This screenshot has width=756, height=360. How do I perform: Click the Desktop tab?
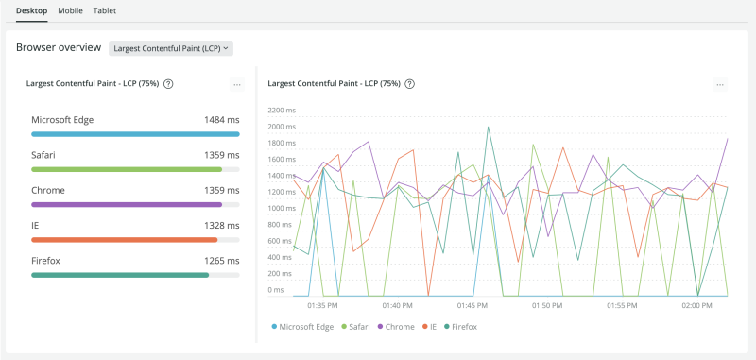pyautogui.click(x=33, y=10)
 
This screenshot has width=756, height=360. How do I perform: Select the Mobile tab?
pyautogui.click(x=70, y=10)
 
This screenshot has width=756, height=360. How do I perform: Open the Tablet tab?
pyautogui.click(x=105, y=10)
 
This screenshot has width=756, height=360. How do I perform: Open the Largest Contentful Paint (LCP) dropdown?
pyautogui.click(x=171, y=47)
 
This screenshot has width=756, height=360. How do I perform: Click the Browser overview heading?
pyautogui.click(x=58, y=47)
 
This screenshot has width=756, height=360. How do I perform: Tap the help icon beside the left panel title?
pyautogui.click(x=168, y=84)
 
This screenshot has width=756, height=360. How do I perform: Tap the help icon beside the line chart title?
pyautogui.click(x=410, y=84)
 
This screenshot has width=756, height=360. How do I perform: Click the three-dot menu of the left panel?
pyautogui.click(x=237, y=85)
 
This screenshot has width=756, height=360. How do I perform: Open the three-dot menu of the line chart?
pyautogui.click(x=720, y=85)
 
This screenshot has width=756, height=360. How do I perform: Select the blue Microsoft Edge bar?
pyautogui.click(x=135, y=134)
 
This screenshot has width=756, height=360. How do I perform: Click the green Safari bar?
pyautogui.click(x=127, y=169)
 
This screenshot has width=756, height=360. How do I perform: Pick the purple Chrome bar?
pyautogui.click(x=127, y=204)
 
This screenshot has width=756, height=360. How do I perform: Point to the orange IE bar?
pyautogui.click(x=125, y=240)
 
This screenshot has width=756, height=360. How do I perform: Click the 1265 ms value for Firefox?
pyautogui.click(x=221, y=261)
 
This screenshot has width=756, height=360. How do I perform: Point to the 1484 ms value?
pyautogui.click(x=221, y=120)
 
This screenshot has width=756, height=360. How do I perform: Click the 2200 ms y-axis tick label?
pyautogui.click(x=282, y=111)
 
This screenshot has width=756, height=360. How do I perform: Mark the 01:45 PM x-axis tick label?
pyautogui.click(x=472, y=306)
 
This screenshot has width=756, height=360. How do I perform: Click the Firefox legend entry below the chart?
pyautogui.click(x=460, y=327)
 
